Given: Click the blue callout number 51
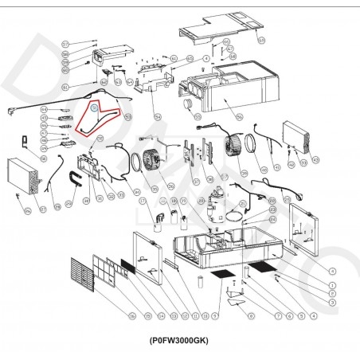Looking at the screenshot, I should [x=94, y=105].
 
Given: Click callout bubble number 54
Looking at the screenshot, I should [x=158, y=118].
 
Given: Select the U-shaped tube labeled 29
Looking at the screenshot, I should [x=76, y=184].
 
